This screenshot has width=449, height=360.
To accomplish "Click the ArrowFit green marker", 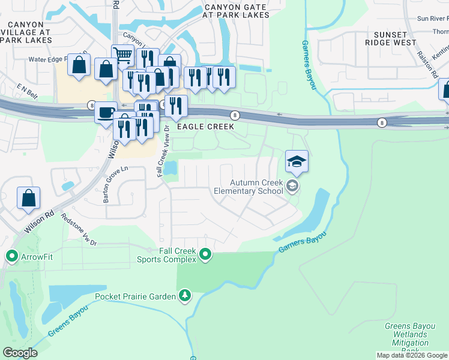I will click(x=11, y=257).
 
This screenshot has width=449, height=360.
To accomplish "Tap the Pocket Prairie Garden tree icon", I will click(x=185, y=296).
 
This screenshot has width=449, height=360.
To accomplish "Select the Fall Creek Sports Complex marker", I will click(x=205, y=255).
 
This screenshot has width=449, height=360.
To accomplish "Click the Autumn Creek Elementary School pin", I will click(x=292, y=186).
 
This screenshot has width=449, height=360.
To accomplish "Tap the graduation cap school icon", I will click(x=297, y=161).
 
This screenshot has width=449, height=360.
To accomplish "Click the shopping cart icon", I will click(x=122, y=56).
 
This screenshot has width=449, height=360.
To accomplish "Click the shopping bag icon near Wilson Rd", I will click(x=28, y=198).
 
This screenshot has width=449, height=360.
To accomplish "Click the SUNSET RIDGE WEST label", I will click(x=390, y=39).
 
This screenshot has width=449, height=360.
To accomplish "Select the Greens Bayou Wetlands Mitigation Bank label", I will click(x=406, y=338).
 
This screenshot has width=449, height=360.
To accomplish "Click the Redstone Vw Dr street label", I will click(x=79, y=230).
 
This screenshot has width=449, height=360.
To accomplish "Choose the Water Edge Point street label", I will click(x=56, y=59).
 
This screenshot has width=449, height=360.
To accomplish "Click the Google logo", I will click(x=20, y=353).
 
